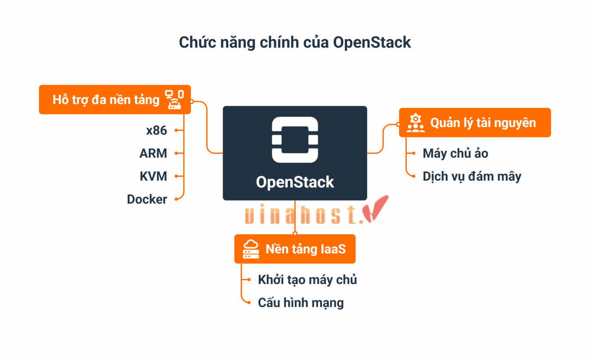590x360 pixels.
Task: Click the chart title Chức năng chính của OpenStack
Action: click(x=295, y=42)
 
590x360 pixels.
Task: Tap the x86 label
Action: click(x=156, y=130)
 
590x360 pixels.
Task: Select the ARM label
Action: click(x=153, y=153)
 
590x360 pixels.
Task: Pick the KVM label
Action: click(x=153, y=176)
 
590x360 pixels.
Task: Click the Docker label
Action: click(x=147, y=199)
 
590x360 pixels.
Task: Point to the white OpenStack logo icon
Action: click(x=295, y=139)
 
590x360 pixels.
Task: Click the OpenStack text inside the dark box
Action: click(x=295, y=182)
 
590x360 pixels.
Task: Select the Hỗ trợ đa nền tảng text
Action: click(x=106, y=99)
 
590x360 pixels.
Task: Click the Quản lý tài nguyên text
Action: click(x=483, y=122)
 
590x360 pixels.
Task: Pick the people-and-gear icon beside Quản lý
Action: click(x=415, y=122)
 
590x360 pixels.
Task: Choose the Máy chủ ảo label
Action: click(x=455, y=153)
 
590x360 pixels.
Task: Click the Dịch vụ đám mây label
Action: click(x=472, y=176)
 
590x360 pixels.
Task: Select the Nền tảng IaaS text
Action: click(x=306, y=249)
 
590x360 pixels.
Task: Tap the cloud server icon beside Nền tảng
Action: click(x=251, y=249)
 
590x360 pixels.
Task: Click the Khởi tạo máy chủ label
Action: click(x=307, y=279)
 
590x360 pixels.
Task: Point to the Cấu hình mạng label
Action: click(x=300, y=302)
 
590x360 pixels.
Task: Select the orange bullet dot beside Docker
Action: click(x=176, y=199)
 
